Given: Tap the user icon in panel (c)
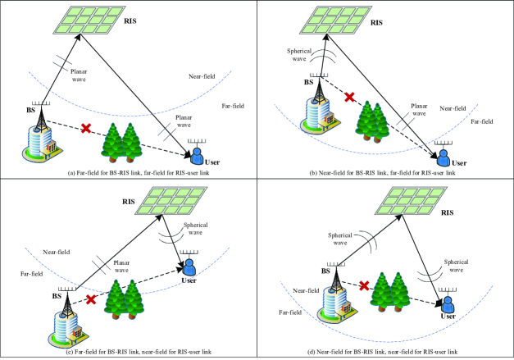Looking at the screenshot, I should pyautogui.click(x=189, y=266).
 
